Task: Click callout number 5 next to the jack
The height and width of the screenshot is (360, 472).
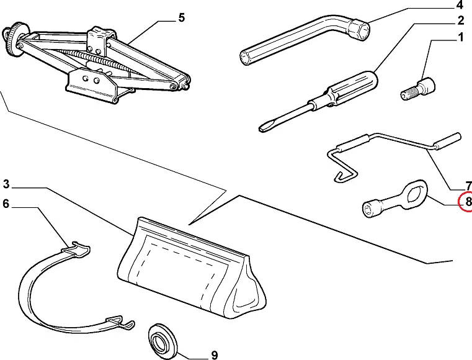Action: pos(181,18)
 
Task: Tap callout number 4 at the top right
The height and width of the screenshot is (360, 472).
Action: pos(460,7)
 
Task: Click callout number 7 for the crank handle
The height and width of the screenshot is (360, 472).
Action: pos(468,186)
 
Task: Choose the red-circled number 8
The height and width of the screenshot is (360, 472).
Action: pos(468,202)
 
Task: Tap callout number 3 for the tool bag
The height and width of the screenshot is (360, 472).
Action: pos(6,184)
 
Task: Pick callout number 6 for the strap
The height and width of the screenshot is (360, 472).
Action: pos(6,203)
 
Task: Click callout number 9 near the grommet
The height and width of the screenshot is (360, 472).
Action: pos(214,355)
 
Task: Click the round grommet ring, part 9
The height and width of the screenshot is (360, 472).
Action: pos(163,338)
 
